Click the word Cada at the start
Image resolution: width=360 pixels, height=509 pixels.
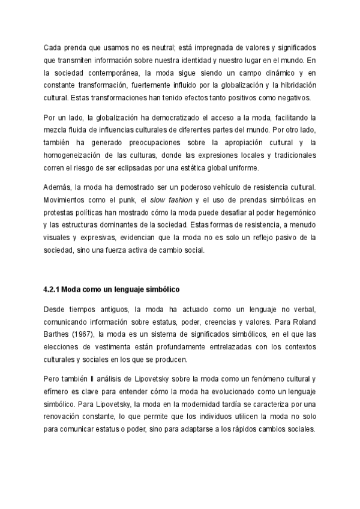pyautogui.click(x=53, y=47)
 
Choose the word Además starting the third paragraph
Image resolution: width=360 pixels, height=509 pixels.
pyautogui.click(x=58, y=187)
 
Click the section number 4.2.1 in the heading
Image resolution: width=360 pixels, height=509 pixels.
pyautogui.click(x=52, y=289)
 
